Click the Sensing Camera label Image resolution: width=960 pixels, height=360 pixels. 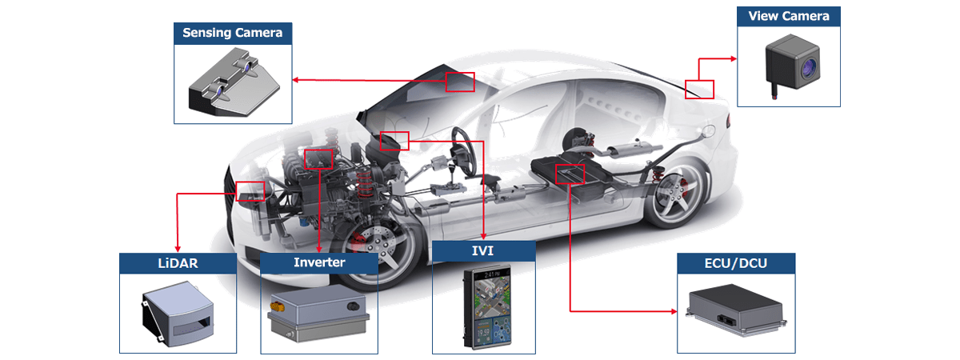(x=232, y=33)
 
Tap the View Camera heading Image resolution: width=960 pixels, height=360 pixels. (x=789, y=16)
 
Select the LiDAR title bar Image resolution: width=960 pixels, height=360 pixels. (x=178, y=263)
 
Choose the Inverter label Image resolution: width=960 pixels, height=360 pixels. (x=319, y=262)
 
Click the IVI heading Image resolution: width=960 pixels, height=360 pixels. (x=483, y=250)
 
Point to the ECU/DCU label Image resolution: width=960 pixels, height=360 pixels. (x=736, y=263)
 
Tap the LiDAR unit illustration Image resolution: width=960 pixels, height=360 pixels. (x=178, y=314)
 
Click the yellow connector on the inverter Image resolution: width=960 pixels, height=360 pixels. (x=277, y=307)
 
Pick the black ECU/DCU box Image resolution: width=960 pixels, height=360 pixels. (x=736, y=310)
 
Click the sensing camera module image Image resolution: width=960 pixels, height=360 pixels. (x=234, y=82)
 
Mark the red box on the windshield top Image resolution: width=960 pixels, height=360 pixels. (x=460, y=82)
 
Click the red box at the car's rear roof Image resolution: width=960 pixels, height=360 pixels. (x=699, y=89)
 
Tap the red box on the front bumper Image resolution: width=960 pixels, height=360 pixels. (x=250, y=191)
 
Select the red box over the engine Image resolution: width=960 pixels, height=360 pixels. (x=318, y=159)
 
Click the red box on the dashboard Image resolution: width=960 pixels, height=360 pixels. (x=394, y=141)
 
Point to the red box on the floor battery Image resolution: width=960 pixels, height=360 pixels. (x=570, y=174)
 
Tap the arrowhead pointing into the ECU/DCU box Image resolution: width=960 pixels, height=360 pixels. (x=674, y=311)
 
